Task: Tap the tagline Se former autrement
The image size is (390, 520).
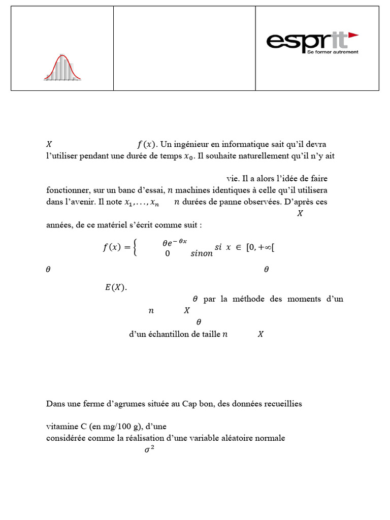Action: pos(333,52)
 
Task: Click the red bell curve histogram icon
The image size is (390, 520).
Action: pos(62,68)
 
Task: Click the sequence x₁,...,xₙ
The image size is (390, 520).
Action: pos(142,203)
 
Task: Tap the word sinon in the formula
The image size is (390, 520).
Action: pos(202,253)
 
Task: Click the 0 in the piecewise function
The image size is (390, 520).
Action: pos(167,253)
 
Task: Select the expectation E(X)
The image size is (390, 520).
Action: pos(116,288)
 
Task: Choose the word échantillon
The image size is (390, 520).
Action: pos(175,334)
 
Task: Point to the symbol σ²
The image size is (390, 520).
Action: pos(149,449)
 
